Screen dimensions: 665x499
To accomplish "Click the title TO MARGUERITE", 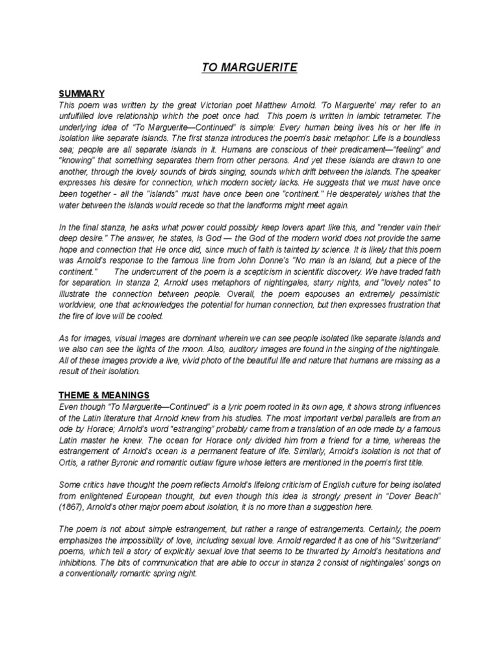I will (x=249, y=67).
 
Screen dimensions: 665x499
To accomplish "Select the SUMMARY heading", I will (x=82, y=94).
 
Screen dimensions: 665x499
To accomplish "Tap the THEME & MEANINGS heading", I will (x=104, y=395).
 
